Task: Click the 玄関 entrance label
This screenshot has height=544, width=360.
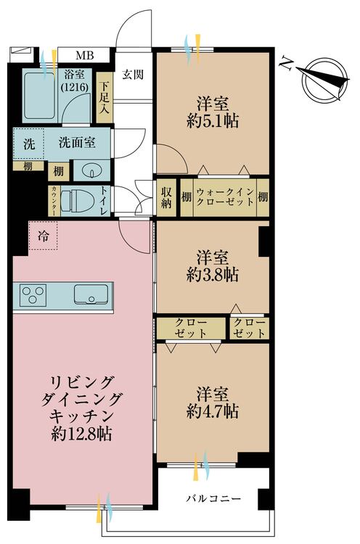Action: point(133,74)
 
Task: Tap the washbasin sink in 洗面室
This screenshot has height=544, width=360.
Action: point(92,170)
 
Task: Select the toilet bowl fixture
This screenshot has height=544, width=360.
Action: point(76,197)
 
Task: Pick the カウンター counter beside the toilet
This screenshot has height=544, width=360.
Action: point(54,198)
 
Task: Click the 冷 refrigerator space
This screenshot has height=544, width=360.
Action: point(43,235)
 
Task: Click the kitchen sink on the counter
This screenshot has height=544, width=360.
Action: point(91,296)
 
